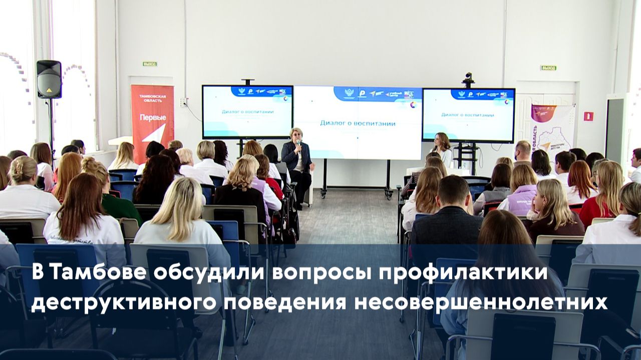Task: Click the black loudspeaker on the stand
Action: tap(49, 79)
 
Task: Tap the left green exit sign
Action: tap(149, 64)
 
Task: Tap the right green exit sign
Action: tap(548, 68)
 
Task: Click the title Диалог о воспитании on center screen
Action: tap(358, 123)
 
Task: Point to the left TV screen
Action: tap(247, 112)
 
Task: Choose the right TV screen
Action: tap(468, 115)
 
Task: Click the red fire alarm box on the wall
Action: tap(588, 116)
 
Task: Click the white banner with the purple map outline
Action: tap(552, 128)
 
